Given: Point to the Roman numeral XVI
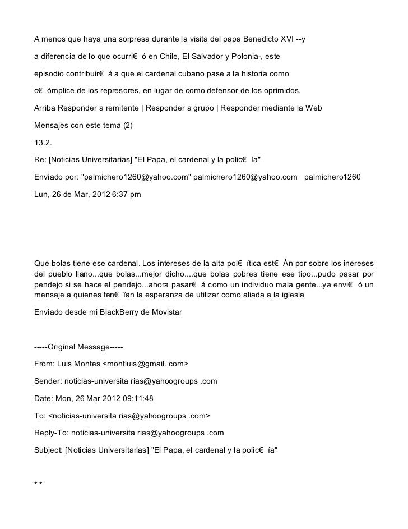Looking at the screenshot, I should (x=294, y=39).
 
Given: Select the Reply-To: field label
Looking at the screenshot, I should (x=51, y=433).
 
